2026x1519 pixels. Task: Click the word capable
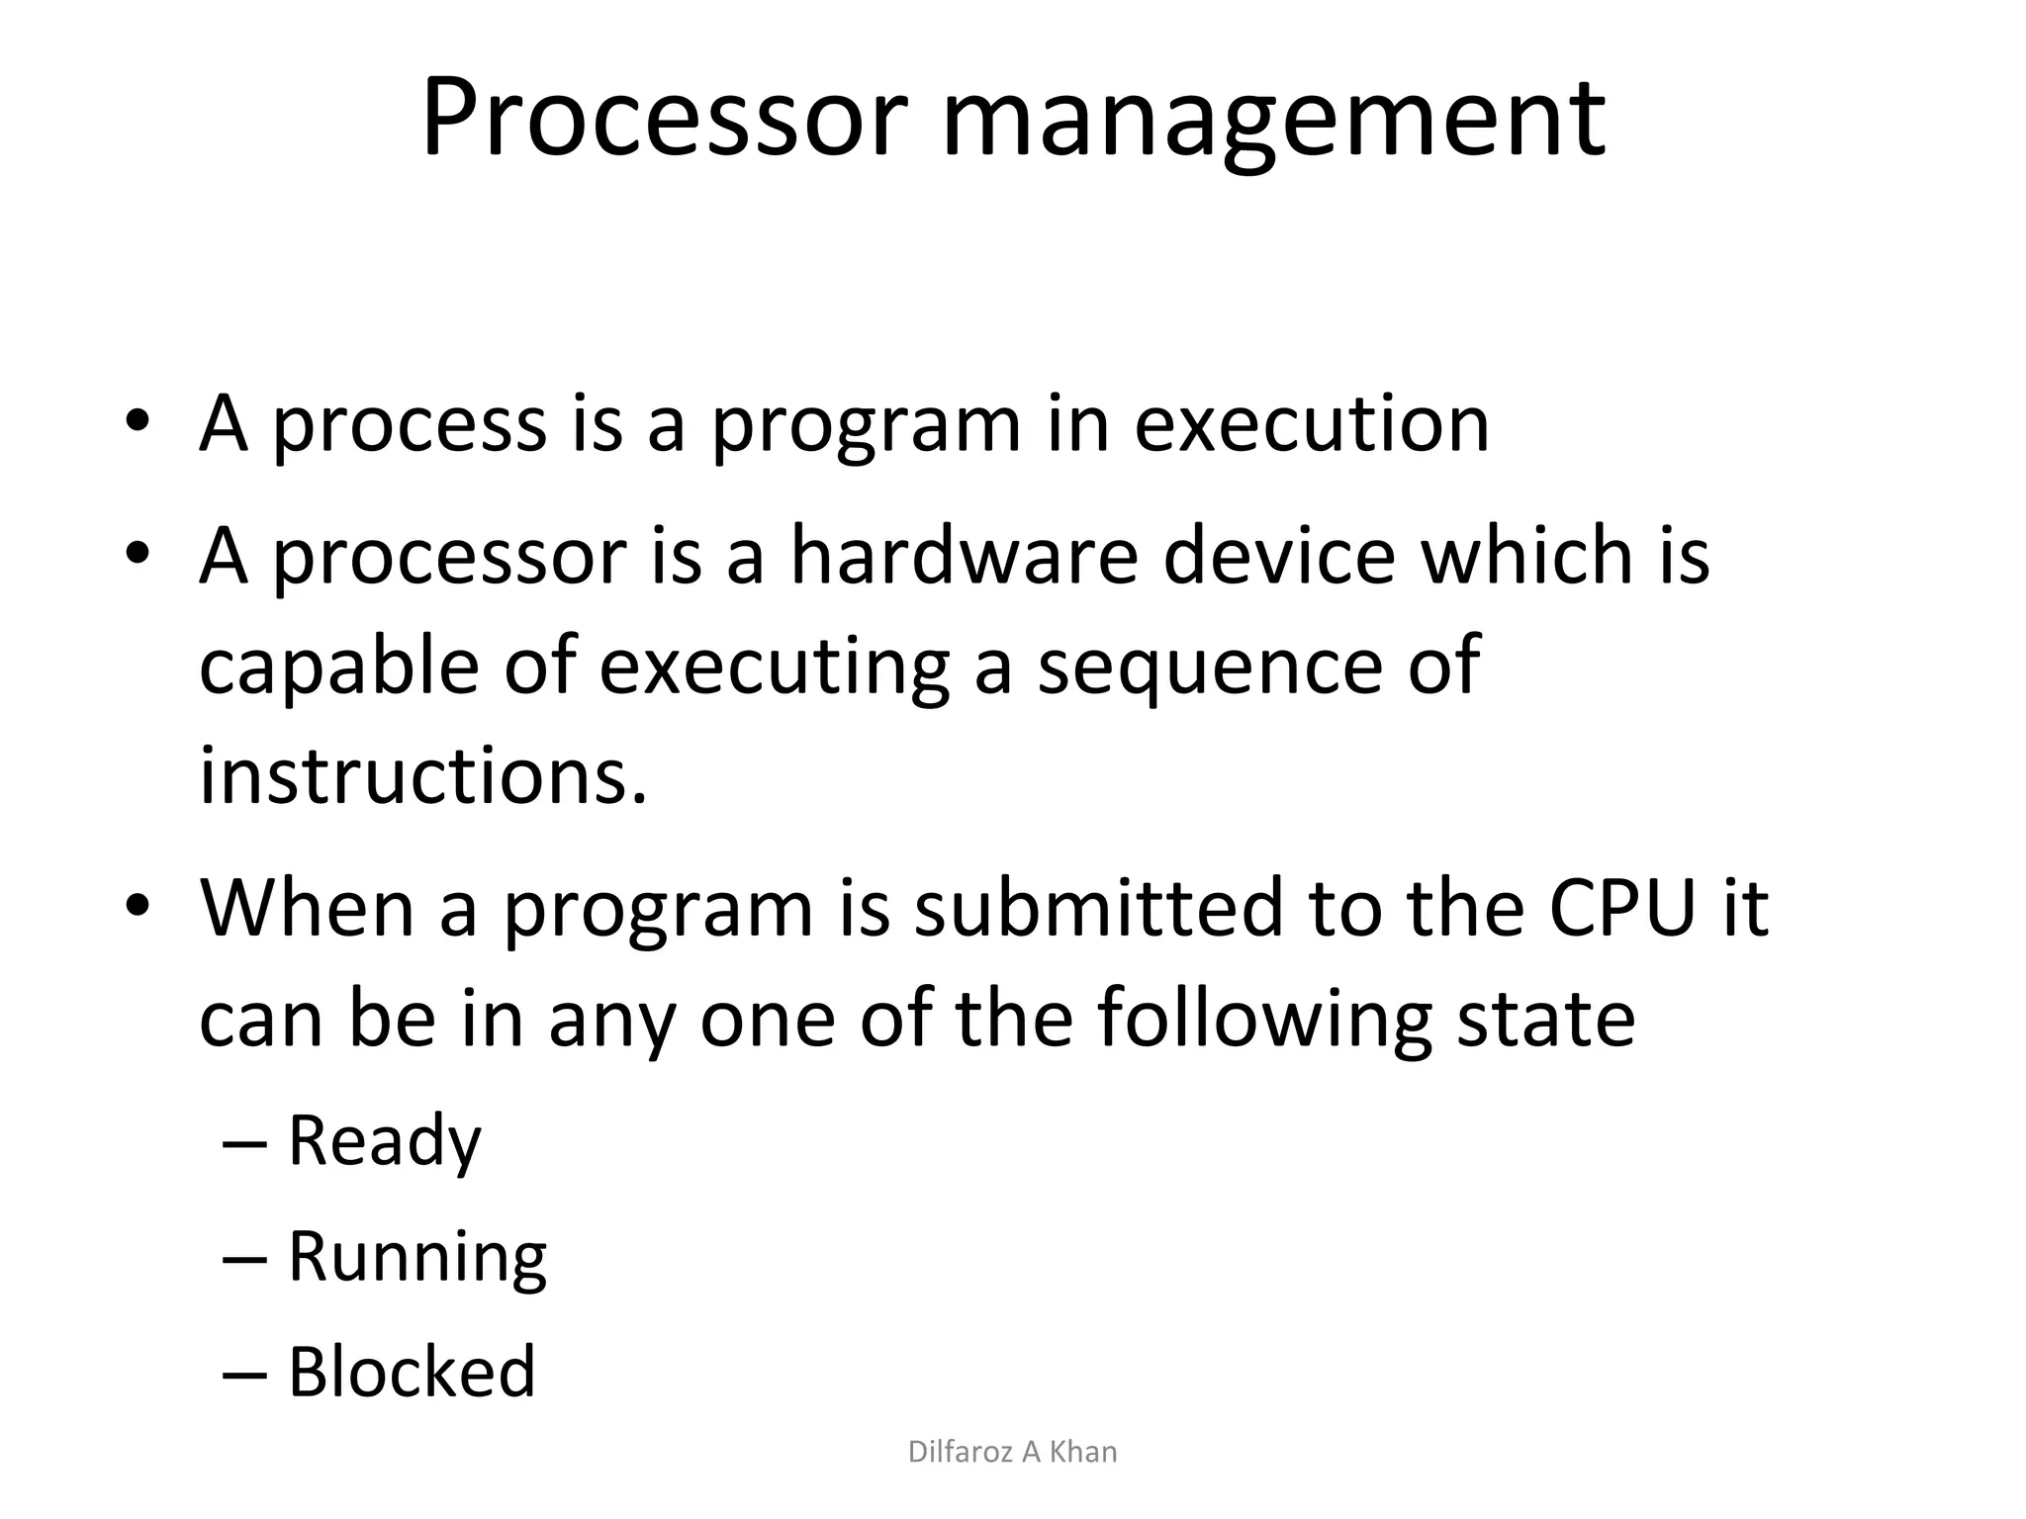pyautogui.click(x=339, y=668)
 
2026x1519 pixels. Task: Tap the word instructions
pyautogui.click(x=423, y=776)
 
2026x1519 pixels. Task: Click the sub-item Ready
pyautogui.click(x=384, y=1140)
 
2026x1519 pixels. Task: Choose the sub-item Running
pyautogui.click(x=416, y=1257)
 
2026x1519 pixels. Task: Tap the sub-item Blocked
pyautogui.click(x=412, y=1372)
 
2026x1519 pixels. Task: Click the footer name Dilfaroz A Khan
pyautogui.click(x=1012, y=1452)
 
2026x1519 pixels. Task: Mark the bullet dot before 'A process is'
pyautogui.click(x=138, y=422)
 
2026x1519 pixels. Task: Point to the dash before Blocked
pyautogui.click(x=244, y=1375)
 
